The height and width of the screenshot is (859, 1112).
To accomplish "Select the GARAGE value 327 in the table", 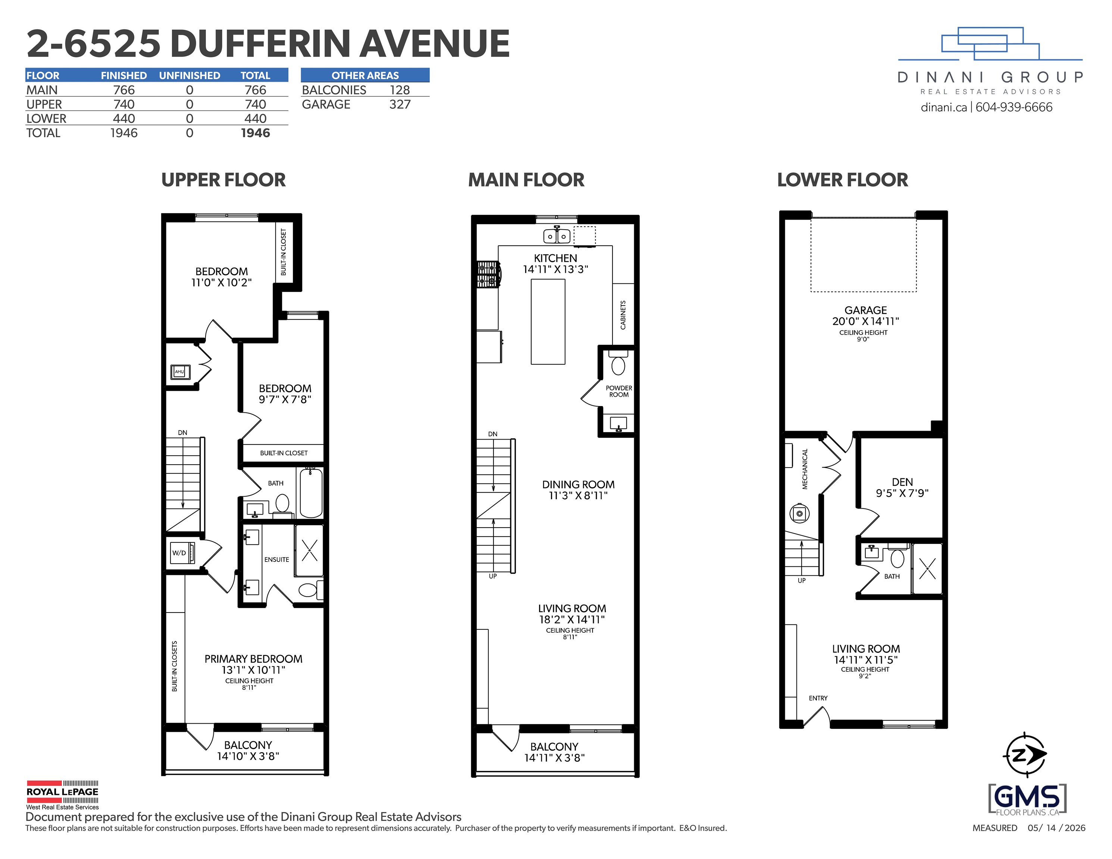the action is point(400,104).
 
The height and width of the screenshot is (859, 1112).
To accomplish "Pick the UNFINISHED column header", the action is point(189,75).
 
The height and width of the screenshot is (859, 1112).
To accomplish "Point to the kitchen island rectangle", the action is point(548,322).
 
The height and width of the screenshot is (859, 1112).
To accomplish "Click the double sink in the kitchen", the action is point(557,236).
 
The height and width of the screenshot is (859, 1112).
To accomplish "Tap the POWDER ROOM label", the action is point(618,391).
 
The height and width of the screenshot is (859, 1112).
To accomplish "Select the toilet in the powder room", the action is point(618,364).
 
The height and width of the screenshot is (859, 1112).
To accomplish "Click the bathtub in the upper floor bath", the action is point(311,493).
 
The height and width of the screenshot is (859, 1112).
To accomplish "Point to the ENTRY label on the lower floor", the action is point(818,698).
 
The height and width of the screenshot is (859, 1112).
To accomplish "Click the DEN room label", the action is point(902,482).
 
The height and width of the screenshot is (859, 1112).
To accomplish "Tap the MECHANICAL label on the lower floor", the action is point(805,469).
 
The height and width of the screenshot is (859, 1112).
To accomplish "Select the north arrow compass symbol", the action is point(1025,756).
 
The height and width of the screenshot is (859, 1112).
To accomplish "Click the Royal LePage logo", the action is point(63,795).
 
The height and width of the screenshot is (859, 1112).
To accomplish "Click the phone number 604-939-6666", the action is point(1014,107).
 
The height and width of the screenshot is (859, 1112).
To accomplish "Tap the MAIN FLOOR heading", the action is point(526,180).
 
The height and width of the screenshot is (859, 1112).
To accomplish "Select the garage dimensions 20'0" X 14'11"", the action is point(865,321).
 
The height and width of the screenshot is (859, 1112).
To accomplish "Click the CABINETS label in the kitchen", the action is point(623,315).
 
